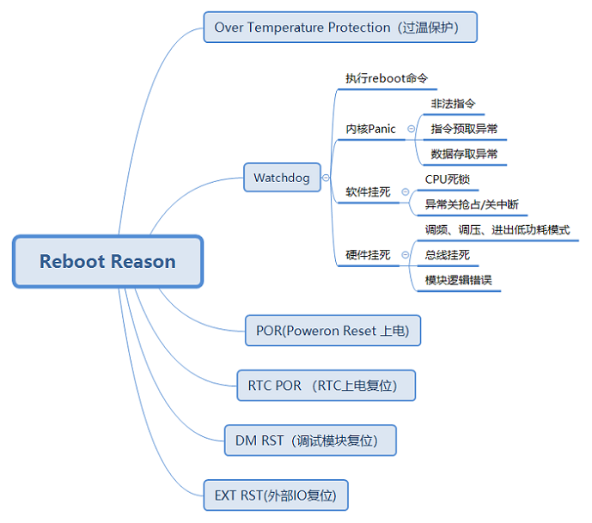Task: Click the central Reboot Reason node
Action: [x=107, y=261]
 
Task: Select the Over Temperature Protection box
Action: [x=339, y=27]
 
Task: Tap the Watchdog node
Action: [x=282, y=178]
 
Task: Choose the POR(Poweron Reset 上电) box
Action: [x=333, y=331]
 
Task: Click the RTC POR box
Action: [x=326, y=386]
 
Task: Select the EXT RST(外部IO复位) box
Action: [x=276, y=496]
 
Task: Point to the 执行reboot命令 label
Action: [x=387, y=78]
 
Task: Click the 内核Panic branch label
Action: [x=371, y=129]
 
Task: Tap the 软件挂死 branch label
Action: [x=368, y=192]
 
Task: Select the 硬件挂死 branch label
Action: [x=368, y=255]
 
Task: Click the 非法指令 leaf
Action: [x=453, y=104]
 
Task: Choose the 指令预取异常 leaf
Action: [x=464, y=129]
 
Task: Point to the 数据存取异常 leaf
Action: [x=464, y=155]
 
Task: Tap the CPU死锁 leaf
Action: [x=447, y=179]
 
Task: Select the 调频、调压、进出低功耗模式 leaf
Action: [x=497, y=230]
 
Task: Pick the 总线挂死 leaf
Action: [x=448, y=255]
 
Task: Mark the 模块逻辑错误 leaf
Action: [x=459, y=281]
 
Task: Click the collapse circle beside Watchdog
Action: [x=326, y=179]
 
